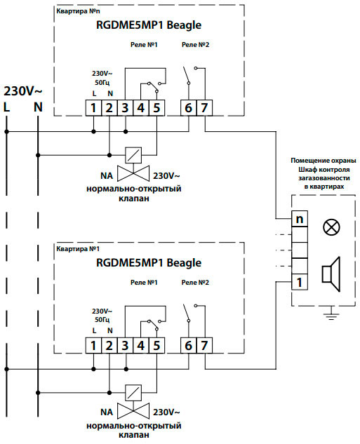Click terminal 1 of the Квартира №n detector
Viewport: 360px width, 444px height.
tap(93, 108)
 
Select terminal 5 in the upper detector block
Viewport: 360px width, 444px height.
tap(156, 108)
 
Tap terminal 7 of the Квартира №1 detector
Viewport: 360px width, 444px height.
tap(204, 346)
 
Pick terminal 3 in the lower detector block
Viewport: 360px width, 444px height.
tap(125, 346)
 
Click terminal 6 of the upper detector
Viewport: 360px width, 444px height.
tap(188, 108)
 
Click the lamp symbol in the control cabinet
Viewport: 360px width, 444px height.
tap(331, 227)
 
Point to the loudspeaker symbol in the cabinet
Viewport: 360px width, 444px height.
tap(331, 274)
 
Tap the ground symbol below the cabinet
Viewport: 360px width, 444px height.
tap(331, 316)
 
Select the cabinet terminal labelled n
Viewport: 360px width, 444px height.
tap(300, 219)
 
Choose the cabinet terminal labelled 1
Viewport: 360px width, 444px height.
tap(300, 282)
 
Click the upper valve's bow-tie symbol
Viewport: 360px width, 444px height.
tap(133, 173)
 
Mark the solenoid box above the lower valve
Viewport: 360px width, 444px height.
tap(133, 393)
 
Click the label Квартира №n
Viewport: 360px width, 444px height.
tap(78, 11)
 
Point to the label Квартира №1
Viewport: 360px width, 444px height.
tap(78, 249)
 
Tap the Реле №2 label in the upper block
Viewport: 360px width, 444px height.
tap(195, 44)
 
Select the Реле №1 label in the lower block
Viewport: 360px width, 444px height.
tap(144, 282)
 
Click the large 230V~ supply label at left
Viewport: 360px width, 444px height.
tap(23, 91)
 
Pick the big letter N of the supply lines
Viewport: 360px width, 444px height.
tap(38, 107)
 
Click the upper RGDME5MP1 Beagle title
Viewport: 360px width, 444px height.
tap(149, 25)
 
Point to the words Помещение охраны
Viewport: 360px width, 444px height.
tap(324, 161)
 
